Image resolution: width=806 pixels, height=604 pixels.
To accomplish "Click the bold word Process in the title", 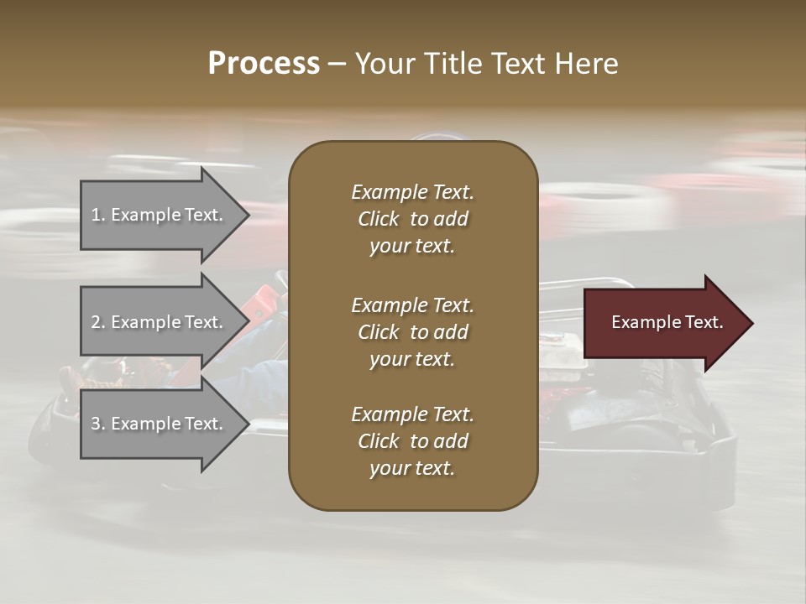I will [264, 64].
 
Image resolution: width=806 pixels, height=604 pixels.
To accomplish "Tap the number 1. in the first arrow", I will [98, 215].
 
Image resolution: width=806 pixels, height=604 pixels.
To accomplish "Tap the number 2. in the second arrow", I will [98, 322].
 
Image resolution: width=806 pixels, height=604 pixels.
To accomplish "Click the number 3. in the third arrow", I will [98, 424].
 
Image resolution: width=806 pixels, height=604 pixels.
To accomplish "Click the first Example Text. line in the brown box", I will [412, 192].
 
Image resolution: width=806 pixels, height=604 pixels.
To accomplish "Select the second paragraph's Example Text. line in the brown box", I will [412, 305].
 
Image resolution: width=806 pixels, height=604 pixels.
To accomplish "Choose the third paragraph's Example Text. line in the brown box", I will [412, 414].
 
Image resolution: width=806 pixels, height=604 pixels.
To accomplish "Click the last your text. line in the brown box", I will [412, 469].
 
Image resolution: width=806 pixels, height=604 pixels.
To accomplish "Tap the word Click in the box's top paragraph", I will [379, 219].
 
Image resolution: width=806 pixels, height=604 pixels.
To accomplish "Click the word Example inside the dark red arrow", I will [640, 322].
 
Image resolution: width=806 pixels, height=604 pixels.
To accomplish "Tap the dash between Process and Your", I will [337, 64].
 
